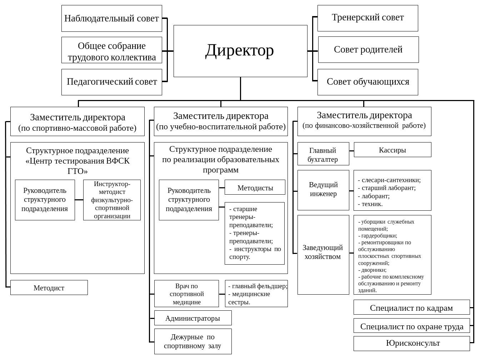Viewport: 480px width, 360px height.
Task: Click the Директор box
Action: click(x=240, y=51)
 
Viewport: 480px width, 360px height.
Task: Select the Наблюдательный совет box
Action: click(x=111, y=18)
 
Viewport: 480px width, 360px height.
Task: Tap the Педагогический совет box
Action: click(x=111, y=82)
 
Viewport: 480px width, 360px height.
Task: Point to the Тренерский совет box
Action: click(x=367, y=18)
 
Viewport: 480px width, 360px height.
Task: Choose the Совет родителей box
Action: click(x=368, y=50)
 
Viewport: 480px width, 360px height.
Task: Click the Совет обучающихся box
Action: click(x=367, y=82)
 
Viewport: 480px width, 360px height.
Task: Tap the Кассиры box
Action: click(x=392, y=150)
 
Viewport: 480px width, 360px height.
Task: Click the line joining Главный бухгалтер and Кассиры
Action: click(x=351, y=151)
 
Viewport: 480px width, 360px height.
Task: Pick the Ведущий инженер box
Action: click(x=323, y=190)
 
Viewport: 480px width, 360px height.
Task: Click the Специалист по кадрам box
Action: click(x=411, y=307)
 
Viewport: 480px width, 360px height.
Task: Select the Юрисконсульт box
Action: click(x=411, y=343)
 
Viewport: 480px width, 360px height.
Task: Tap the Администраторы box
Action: click(x=192, y=318)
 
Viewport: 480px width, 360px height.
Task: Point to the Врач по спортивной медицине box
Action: click(x=186, y=294)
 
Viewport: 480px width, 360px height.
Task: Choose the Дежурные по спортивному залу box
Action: click(x=192, y=341)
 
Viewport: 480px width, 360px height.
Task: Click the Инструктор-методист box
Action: click(x=112, y=200)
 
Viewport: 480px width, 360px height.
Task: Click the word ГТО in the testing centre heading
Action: click(x=77, y=171)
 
